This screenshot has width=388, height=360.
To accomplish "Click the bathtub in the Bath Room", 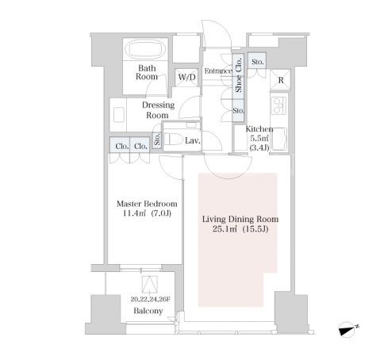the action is click(x=145, y=49).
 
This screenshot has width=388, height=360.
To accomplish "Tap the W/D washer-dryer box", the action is click(x=186, y=77).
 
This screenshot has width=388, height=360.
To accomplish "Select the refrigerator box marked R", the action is click(x=280, y=80).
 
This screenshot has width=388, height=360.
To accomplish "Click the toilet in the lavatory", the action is click(x=174, y=139).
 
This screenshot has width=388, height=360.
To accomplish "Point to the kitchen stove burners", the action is click(x=279, y=105).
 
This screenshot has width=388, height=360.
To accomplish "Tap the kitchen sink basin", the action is click(x=279, y=140).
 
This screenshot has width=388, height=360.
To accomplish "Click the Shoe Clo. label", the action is click(x=238, y=75).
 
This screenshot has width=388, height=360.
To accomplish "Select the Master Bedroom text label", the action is click(x=147, y=204).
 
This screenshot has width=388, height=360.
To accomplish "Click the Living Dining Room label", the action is click(x=240, y=219).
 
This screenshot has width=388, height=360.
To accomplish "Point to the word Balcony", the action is click(x=148, y=311).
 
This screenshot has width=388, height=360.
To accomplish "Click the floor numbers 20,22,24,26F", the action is click(x=150, y=299).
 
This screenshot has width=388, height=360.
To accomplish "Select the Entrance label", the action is click(x=218, y=71).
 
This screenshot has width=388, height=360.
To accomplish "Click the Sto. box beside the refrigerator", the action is click(x=257, y=62).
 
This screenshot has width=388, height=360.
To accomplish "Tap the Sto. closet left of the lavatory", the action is click(x=157, y=139).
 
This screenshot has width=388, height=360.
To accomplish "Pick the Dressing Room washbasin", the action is click(x=119, y=115).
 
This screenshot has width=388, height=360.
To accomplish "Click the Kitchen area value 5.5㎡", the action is click(x=258, y=138).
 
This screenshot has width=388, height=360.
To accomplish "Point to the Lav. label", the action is click(x=193, y=140).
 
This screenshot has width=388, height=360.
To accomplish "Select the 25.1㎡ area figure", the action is click(x=225, y=228).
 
